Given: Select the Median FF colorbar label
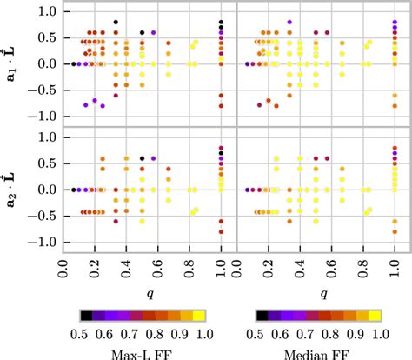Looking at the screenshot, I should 317,352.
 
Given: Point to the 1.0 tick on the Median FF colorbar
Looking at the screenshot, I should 380,333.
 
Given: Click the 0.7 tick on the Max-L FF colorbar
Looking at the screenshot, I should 130,333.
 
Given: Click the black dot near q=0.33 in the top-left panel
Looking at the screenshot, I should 116,22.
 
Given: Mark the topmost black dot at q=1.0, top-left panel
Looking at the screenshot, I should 222,22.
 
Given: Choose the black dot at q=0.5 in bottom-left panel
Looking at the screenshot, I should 143,158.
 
